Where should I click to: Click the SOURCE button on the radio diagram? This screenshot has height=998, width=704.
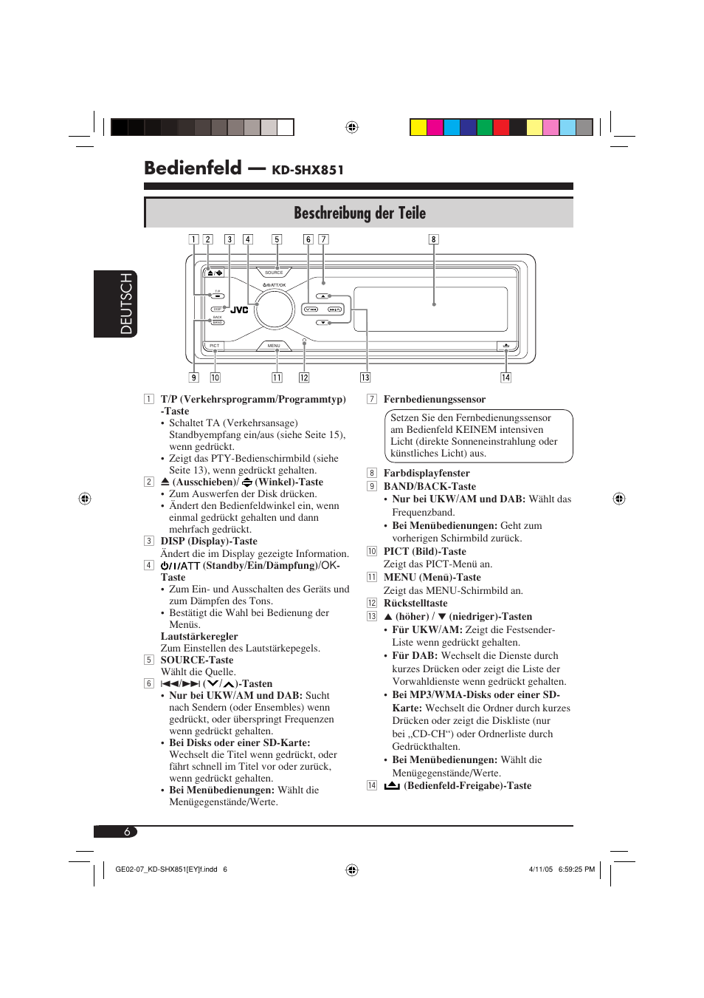[274, 273]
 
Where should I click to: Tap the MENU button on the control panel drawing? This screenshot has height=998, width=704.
[274, 346]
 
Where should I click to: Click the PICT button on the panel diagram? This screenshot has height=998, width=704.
[215, 346]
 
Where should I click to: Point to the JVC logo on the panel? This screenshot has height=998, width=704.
[239, 310]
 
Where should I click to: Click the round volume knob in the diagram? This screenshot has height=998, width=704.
[275, 308]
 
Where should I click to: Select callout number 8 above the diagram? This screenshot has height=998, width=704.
[434, 239]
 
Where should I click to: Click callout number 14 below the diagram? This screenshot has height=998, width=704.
[505, 377]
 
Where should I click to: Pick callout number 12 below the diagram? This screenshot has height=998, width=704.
[304, 377]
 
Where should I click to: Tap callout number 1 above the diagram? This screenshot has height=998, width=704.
[193, 239]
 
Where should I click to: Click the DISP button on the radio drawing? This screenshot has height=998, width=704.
[218, 310]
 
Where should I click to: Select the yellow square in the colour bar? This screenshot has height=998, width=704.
[418, 127]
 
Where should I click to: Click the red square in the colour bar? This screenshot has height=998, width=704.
[501, 127]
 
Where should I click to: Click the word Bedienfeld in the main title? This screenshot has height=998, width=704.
[193, 168]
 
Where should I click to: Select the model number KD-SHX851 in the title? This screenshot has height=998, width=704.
[308, 171]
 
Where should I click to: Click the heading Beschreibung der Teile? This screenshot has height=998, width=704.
[359, 213]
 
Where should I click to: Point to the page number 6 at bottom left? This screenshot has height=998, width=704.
[127, 832]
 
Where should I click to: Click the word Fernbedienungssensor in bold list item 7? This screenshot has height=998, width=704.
[434, 400]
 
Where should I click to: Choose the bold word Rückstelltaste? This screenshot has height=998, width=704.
[415, 604]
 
